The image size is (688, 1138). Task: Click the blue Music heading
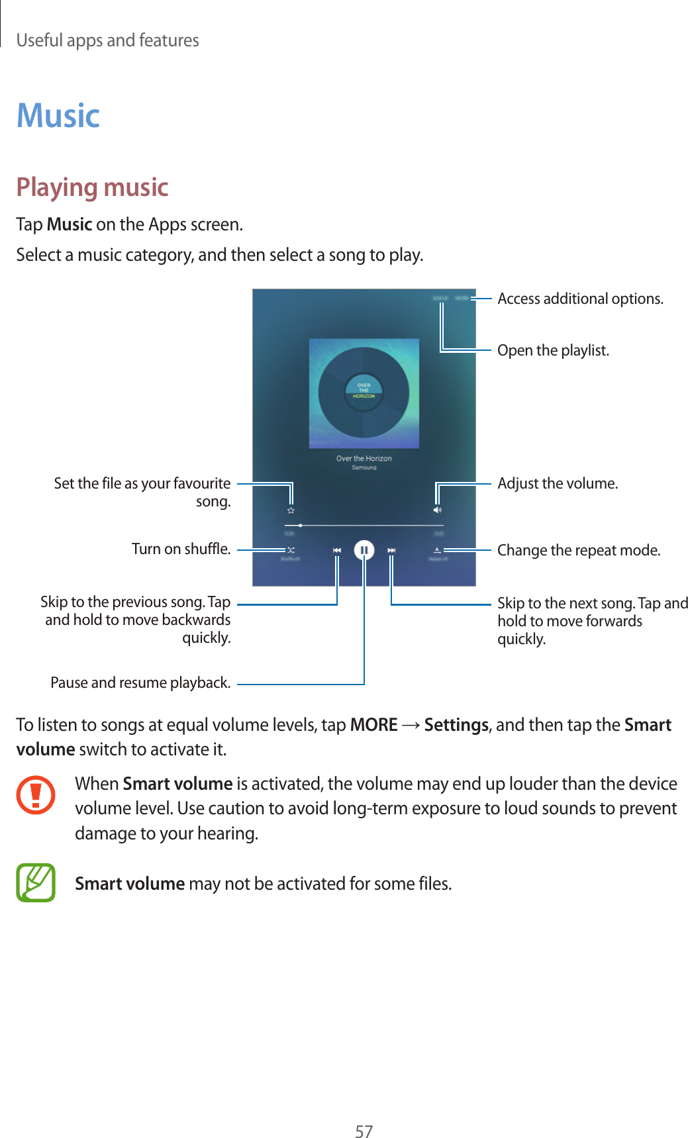pos(58,116)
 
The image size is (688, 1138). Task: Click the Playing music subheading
pos(92,187)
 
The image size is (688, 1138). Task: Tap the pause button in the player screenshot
pos(364,550)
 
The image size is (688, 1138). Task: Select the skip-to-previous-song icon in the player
pos(337,550)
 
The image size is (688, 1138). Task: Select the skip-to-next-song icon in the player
pos(391,550)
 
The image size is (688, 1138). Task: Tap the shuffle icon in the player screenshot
pos(290,550)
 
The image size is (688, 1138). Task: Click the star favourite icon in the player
pos(291,510)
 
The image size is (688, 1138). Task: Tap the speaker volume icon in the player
pos(437,510)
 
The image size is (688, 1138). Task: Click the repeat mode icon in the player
pos(437,550)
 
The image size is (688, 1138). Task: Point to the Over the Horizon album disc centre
pos(364,391)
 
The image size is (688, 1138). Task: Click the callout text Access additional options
pos(580,299)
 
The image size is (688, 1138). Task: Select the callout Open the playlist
pos(553,350)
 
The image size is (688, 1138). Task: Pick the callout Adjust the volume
pos(558,484)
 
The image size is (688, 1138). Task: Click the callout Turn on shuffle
pos(181,549)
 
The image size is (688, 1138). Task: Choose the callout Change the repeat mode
pos(579,551)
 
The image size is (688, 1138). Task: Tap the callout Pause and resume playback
pos(140,683)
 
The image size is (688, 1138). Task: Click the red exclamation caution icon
pos(36,795)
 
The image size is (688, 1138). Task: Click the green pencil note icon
pos(36,883)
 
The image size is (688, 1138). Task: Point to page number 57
pos(364,1131)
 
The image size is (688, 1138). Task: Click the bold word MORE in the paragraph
pos(373,726)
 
